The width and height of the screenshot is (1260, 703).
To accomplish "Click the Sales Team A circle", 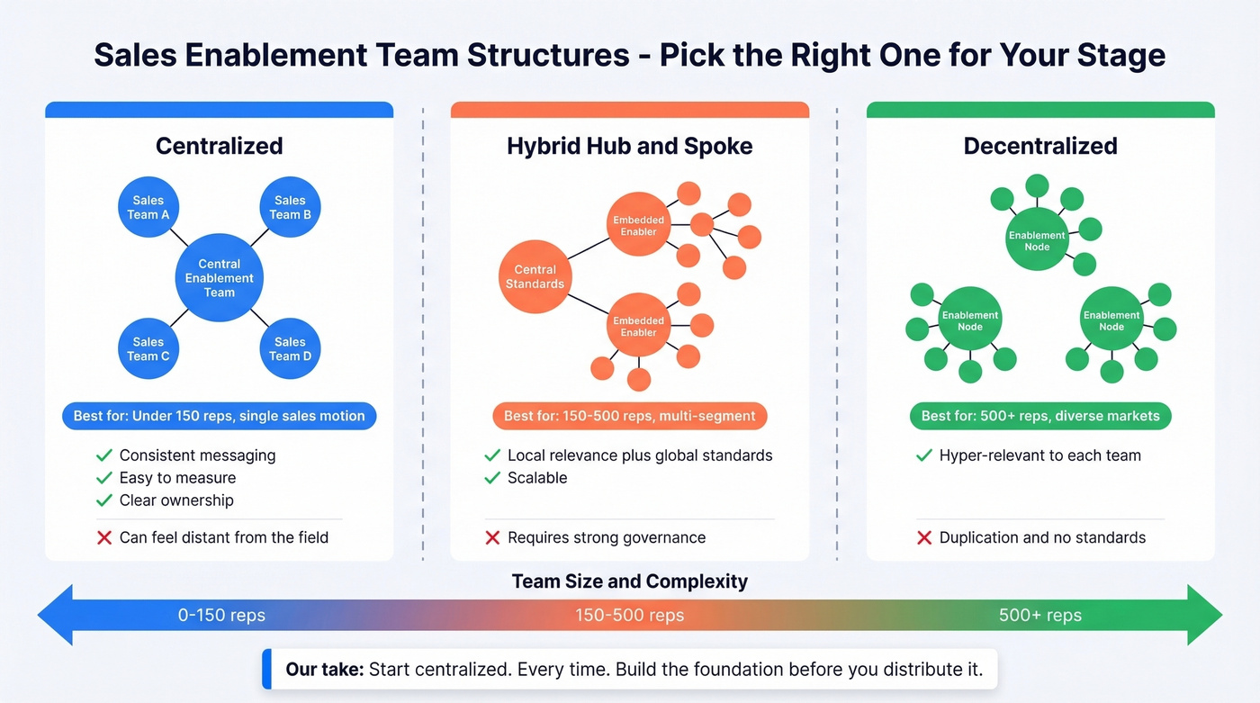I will click(148, 208).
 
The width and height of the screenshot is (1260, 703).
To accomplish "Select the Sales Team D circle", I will click(290, 349).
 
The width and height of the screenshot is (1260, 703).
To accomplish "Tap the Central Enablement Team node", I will click(220, 278).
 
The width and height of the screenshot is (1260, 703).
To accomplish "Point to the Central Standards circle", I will click(535, 276).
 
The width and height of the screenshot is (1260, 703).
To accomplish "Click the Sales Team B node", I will click(290, 208).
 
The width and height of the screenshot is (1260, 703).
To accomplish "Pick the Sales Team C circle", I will click(148, 349).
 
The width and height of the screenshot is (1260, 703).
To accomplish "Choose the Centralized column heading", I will click(219, 146).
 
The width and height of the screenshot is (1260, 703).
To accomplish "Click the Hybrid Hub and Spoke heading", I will click(629, 146).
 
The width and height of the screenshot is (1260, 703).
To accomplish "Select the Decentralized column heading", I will click(1040, 146).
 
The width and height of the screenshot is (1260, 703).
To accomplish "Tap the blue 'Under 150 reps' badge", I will click(219, 416).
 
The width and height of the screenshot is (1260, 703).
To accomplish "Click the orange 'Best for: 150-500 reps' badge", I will click(629, 416).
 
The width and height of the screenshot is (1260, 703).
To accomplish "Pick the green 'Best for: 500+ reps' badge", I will click(1040, 416).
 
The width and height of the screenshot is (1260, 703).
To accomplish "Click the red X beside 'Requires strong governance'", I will click(492, 537).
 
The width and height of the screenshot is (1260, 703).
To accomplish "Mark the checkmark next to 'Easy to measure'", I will click(104, 478).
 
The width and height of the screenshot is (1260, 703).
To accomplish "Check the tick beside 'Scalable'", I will click(492, 478).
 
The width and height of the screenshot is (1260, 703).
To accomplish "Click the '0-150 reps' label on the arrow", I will click(221, 616).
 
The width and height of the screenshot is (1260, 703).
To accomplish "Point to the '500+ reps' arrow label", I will click(1040, 616).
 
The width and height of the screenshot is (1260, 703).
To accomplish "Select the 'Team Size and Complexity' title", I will click(629, 581).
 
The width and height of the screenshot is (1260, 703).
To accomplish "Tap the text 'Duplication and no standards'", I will click(1042, 537).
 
